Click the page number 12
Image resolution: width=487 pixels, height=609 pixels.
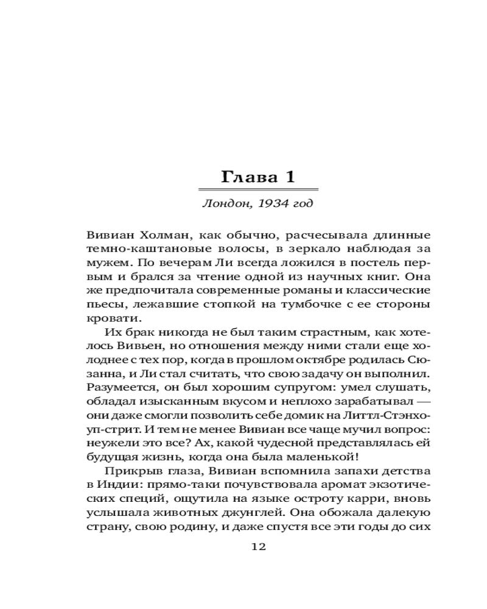click(x=259, y=546)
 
